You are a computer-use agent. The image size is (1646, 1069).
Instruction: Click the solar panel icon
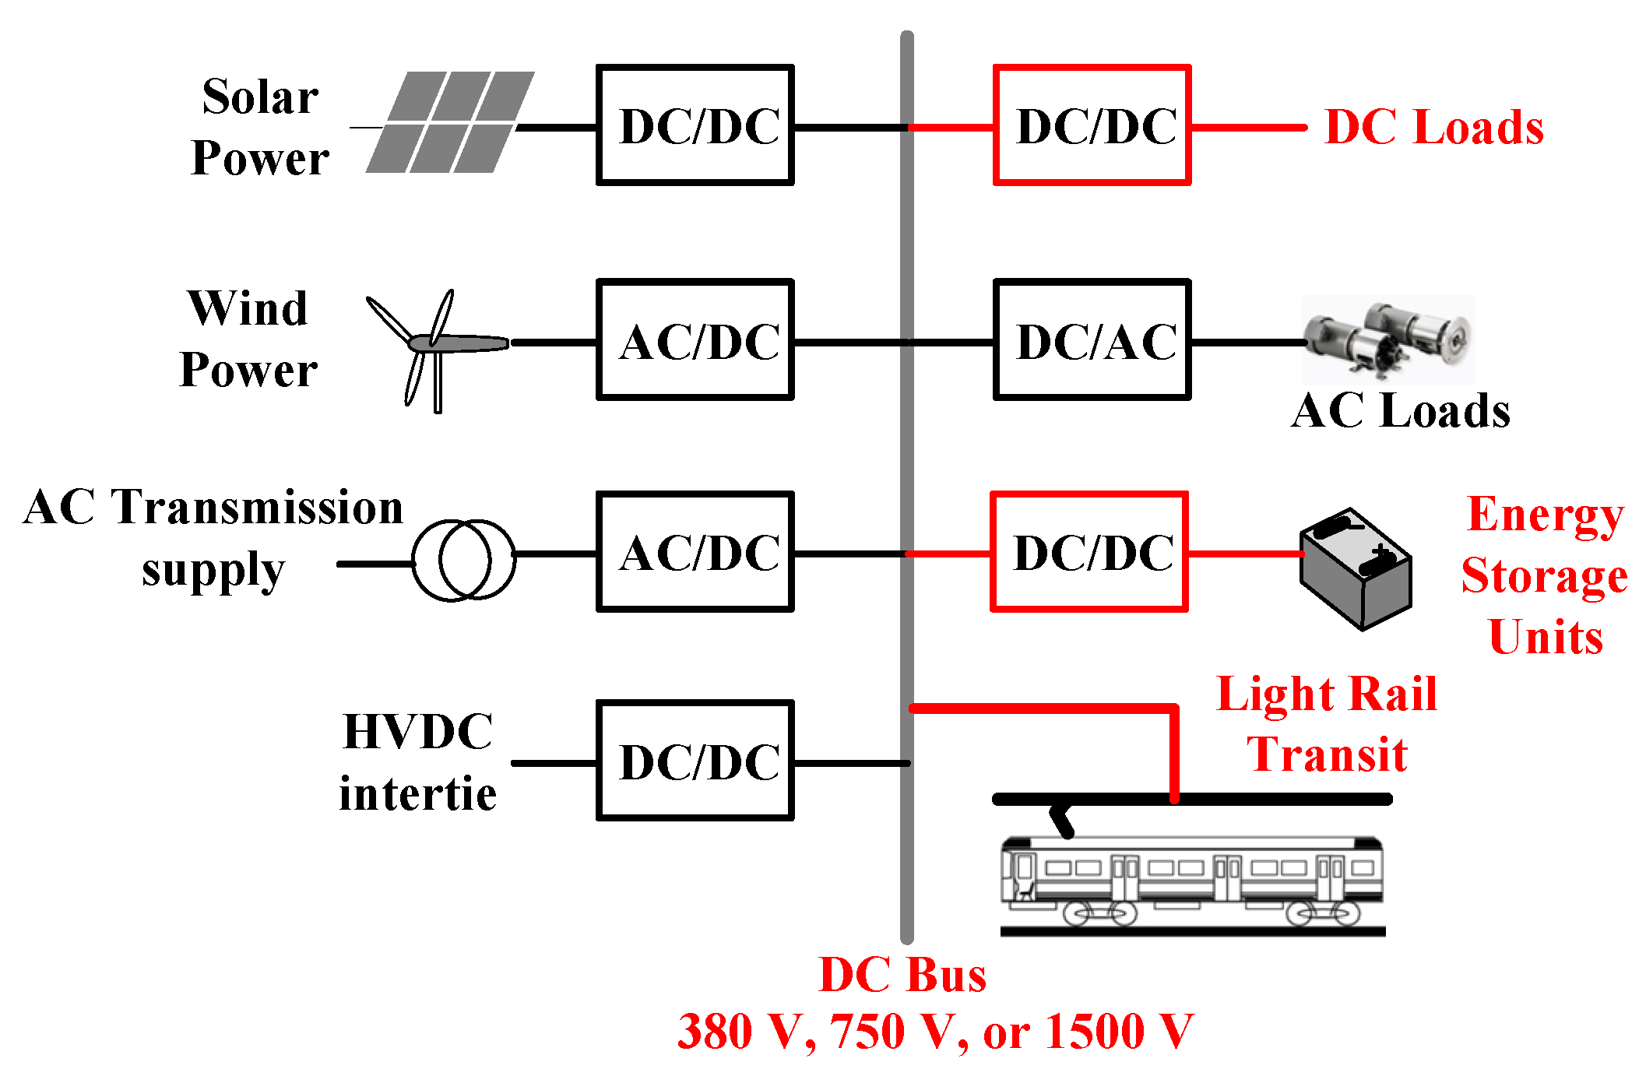click(x=450, y=122)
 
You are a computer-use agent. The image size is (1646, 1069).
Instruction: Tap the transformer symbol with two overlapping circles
click(x=463, y=559)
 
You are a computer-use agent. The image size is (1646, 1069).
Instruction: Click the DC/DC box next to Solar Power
click(x=695, y=125)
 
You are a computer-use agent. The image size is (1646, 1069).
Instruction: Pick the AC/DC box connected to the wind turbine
click(x=695, y=339)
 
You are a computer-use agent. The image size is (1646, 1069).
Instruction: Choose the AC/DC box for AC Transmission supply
click(x=695, y=551)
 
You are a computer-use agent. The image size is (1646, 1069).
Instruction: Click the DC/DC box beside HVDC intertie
click(x=695, y=760)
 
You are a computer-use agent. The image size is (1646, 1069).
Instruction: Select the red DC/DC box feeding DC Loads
click(x=1092, y=125)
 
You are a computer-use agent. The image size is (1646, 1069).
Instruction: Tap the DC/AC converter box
click(x=1092, y=339)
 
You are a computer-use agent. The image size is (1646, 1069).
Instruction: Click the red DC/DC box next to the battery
click(x=1089, y=551)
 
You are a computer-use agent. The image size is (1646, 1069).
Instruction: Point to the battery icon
click(x=1355, y=568)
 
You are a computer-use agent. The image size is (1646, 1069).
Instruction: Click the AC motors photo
click(x=1389, y=339)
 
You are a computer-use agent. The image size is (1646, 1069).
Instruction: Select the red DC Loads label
click(x=1434, y=127)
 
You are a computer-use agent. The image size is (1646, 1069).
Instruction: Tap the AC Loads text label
click(x=1400, y=410)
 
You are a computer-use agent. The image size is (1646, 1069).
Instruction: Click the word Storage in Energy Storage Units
click(x=1544, y=576)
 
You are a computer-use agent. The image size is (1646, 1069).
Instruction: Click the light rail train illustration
click(x=1191, y=884)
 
